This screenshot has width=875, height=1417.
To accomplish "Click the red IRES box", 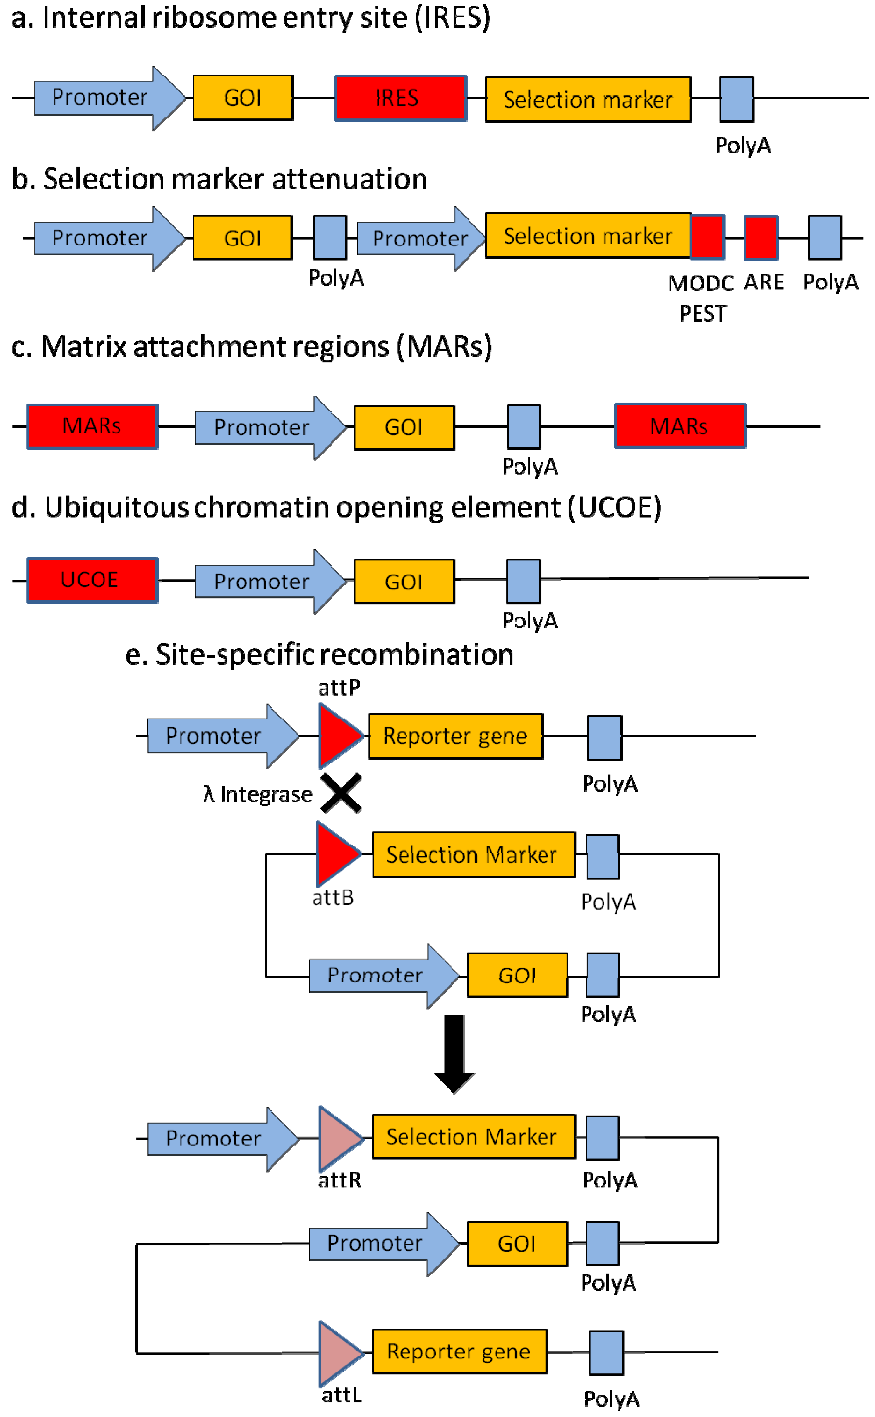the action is tap(400, 98).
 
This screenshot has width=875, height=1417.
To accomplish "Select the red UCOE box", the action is tap(92, 580).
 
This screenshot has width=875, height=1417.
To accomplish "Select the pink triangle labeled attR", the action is tap(341, 1139).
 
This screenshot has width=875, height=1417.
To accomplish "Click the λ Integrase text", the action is tap(258, 794).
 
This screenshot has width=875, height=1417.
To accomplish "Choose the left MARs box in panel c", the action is tap(92, 426).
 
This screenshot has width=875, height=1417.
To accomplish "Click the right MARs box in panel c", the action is tap(680, 425).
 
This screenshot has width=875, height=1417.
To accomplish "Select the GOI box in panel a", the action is tap(243, 97).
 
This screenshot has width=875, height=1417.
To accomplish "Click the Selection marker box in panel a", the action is tap(588, 99).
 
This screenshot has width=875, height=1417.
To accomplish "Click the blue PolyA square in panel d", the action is tap(524, 581).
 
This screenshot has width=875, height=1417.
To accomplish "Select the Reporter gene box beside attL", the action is tap(459, 1351).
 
